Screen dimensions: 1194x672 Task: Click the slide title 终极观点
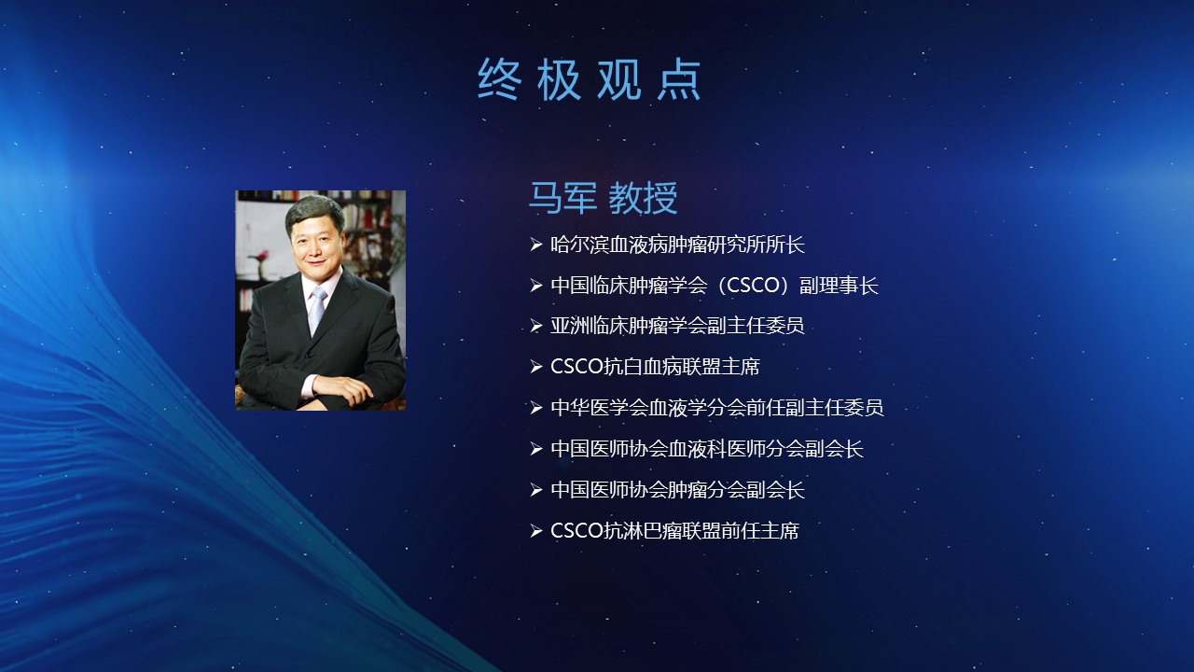[589, 79]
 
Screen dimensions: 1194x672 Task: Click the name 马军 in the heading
[562, 198]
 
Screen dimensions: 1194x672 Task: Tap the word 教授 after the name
[643, 198]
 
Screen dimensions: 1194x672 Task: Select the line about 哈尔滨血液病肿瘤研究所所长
[677, 245]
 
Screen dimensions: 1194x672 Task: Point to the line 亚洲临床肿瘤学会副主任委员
[677, 326]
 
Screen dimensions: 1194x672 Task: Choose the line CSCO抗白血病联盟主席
[655, 367]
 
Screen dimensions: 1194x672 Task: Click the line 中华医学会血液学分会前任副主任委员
[717, 408]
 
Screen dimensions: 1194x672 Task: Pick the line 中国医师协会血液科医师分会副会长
[707, 449]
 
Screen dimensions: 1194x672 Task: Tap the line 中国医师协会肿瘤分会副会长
[677, 490]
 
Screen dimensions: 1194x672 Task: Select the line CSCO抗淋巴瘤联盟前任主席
[674, 531]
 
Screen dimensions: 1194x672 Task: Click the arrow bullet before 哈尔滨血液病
[536, 245]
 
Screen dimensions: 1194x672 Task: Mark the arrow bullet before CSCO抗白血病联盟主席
[536, 367]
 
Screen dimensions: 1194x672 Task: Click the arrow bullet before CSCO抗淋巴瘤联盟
[536, 531]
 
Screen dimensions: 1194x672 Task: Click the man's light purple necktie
[316, 309]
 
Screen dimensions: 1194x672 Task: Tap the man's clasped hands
[341, 389]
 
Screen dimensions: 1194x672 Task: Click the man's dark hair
[313, 212]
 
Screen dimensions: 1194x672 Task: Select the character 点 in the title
[679, 79]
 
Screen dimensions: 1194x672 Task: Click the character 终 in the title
[499, 79]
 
